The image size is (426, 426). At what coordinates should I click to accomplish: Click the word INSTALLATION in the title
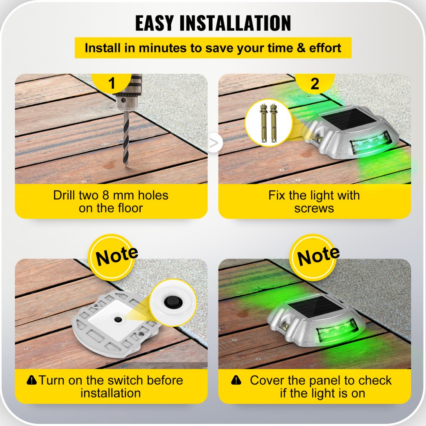[235, 23]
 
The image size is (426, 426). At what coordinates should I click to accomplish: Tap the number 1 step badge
[112, 83]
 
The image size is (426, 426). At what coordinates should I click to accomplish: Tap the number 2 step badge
[314, 83]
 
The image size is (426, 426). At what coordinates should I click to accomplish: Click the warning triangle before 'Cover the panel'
[235, 380]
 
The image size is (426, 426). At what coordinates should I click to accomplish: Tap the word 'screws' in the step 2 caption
[314, 208]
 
